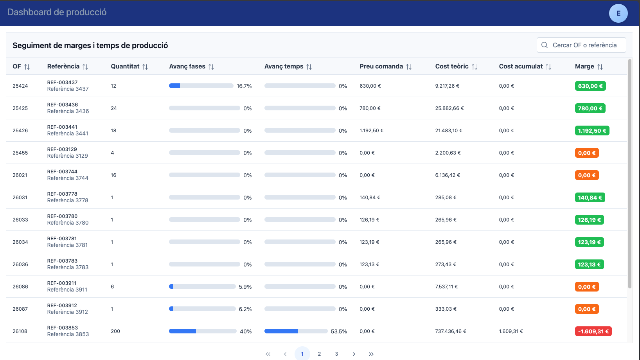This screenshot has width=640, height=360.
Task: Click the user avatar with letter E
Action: [x=618, y=13]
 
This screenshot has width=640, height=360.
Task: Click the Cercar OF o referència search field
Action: [x=581, y=45]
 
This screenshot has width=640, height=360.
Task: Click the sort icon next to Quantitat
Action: [x=145, y=67]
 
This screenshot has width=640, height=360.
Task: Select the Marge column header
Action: [x=584, y=66]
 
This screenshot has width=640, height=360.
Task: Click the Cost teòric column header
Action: [x=452, y=66]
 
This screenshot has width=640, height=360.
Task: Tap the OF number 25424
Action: [x=20, y=86]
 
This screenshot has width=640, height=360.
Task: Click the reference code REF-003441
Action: [x=62, y=127]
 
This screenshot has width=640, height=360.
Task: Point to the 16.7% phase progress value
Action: [x=244, y=86]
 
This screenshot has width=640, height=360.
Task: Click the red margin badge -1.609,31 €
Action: [x=593, y=331]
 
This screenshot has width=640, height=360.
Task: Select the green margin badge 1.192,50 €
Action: [x=592, y=131]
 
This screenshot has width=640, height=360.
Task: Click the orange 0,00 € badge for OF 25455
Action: [x=587, y=153]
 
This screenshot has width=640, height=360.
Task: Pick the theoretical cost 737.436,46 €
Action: [x=451, y=331]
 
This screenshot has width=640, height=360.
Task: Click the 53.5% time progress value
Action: [x=339, y=331]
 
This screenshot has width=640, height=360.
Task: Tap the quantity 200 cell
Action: [x=115, y=331]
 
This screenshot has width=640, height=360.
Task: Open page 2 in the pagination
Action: [x=319, y=354]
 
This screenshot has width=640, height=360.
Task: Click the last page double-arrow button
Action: [x=371, y=354]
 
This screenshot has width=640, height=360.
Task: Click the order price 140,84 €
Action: [x=370, y=198]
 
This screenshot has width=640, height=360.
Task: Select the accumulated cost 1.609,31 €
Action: [x=511, y=331]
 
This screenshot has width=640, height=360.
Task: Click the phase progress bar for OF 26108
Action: [x=203, y=331]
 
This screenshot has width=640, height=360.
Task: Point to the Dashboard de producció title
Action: [x=57, y=12]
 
